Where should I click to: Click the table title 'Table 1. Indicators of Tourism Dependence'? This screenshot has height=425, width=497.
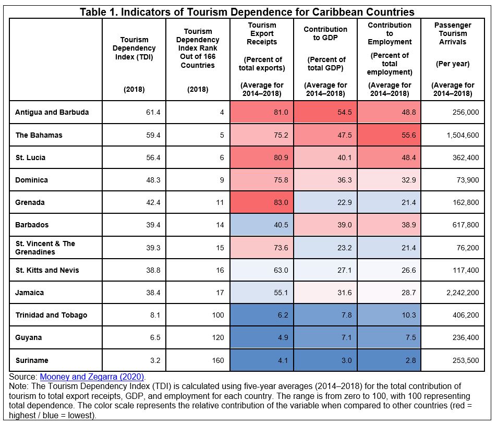click(247, 12)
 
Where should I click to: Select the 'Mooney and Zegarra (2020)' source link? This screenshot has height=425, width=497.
click(92, 377)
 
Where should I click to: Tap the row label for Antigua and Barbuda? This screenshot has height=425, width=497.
click(52, 112)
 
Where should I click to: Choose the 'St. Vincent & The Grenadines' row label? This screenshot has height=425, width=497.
click(45, 248)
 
